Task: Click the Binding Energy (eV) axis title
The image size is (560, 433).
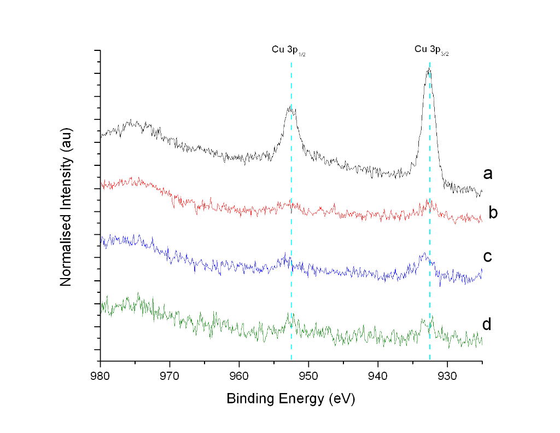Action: (291, 399)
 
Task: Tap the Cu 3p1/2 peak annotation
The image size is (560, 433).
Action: (288, 50)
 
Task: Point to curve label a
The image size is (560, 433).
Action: (488, 174)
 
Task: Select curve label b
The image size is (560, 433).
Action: (492, 213)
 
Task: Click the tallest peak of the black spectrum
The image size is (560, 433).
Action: (429, 70)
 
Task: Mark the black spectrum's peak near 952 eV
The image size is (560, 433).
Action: (290, 108)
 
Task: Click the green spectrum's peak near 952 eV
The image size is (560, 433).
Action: (289, 315)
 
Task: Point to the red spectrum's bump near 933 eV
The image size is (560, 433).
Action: (429, 202)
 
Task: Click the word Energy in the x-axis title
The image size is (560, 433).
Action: (300, 399)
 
